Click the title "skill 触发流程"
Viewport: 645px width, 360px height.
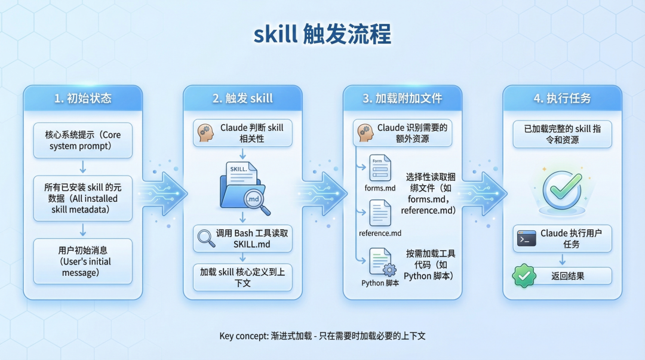tap(322, 35)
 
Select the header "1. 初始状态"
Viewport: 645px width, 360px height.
tap(82, 99)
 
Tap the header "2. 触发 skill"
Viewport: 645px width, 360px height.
tap(242, 99)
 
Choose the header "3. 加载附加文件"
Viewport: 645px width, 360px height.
tap(403, 99)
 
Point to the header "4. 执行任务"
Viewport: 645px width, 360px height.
tap(562, 99)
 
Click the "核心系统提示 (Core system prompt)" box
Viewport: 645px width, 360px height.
tap(82, 140)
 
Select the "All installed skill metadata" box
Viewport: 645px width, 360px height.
tap(82, 198)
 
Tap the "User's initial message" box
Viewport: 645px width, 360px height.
tap(82, 261)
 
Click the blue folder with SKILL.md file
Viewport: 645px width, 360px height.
tap(242, 186)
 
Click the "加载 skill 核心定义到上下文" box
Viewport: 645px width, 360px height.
tap(242, 277)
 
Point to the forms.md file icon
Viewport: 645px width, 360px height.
tap(379, 168)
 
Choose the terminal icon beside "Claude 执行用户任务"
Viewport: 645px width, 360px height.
tap(526, 239)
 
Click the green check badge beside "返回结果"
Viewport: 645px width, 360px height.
tap(524, 276)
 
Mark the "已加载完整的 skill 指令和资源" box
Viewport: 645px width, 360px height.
tap(562, 134)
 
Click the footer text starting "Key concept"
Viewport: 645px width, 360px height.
tap(322, 336)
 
